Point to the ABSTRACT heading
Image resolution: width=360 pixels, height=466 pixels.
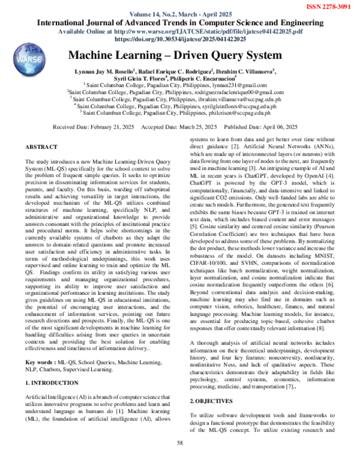[41, 147]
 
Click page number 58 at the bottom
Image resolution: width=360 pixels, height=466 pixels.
[179, 443]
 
